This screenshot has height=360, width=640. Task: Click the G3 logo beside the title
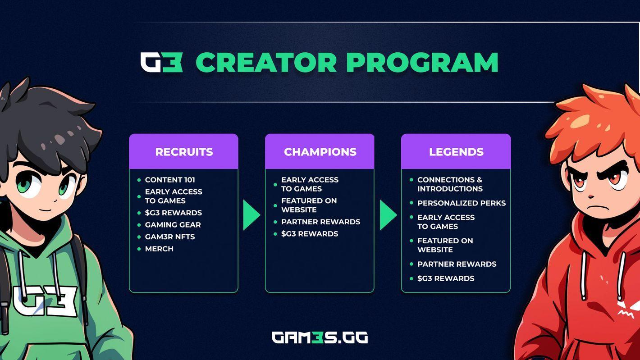(x=161, y=62)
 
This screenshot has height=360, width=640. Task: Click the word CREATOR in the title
(x=266, y=63)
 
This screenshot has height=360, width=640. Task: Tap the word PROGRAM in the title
(x=422, y=63)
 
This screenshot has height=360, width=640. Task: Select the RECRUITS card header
(x=184, y=152)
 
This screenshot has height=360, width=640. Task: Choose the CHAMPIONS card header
(x=320, y=152)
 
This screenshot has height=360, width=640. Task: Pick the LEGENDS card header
(x=456, y=152)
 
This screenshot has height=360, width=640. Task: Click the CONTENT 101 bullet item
(x=170, y=180)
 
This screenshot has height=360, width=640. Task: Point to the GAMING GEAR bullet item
(x=173, y=225)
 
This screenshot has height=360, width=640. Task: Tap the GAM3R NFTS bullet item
(x=170, y=237)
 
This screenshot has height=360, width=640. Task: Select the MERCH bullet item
(x=159, y=249)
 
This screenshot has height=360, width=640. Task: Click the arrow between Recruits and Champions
(x=251, y=215)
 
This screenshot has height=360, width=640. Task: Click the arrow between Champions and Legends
(x=388, y=215)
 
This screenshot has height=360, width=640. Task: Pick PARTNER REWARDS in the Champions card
(x=320, y=222)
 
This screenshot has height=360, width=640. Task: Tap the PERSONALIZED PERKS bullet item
(x=462, y=203)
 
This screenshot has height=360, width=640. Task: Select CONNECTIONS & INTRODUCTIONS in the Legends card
(x=450, y=184)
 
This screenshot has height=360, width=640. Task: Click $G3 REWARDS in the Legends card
(x=446, y=278)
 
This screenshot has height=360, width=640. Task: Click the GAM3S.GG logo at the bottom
(x=320, y=337)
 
